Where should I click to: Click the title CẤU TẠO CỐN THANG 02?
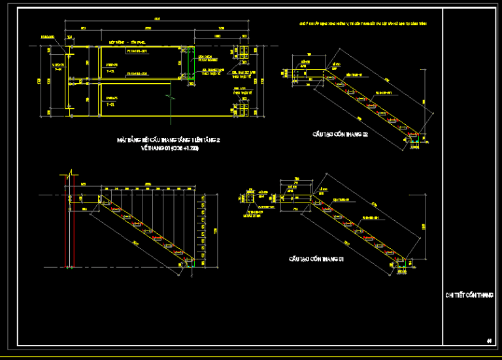pyautogui.click(x=340, y=134)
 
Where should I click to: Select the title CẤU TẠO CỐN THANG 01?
pyautogui.click(x=317, y=259)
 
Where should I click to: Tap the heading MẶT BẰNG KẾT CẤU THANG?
pyautogui.click(x=169, y=140)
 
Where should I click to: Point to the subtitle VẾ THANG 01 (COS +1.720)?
pyautogui.click(x=169, y=149)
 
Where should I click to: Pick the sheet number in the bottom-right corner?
pyautogui.click(x=489, y=340)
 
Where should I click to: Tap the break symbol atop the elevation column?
pyautogui.click(x=69, y=177)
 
